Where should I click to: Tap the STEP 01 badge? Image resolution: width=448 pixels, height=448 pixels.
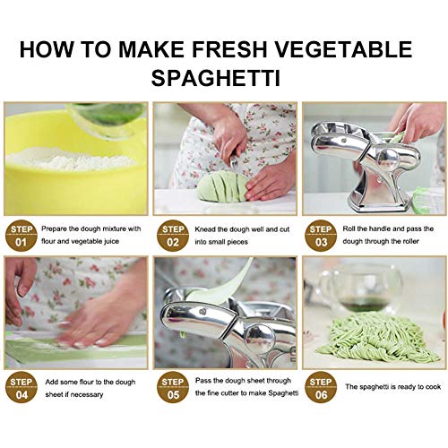point(22,235)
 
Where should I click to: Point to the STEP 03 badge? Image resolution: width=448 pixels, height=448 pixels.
point(320,235)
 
